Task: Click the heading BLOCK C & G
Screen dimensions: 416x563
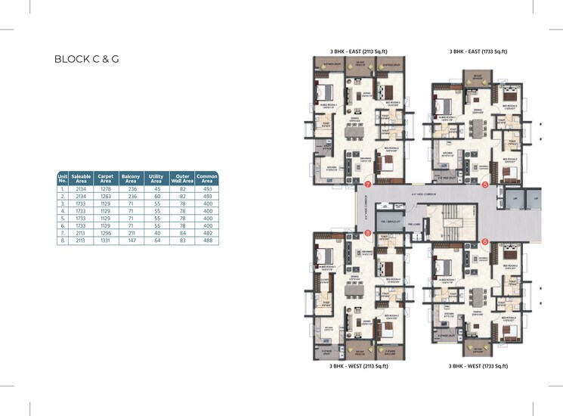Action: pos(87,58)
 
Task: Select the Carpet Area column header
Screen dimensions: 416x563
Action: pos(106,179)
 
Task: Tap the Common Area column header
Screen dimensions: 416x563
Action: pos(206,179)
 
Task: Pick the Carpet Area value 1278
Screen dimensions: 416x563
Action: pos(106,188)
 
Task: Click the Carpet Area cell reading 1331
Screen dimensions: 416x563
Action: pos(106,241)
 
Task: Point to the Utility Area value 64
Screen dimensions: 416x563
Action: pos(156,241)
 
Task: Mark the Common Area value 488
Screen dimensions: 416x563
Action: pos(206,241)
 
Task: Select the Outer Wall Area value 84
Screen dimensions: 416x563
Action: pos(182,233)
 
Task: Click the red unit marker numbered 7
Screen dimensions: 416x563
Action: pos(368,184)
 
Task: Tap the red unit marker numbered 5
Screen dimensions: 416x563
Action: pos(485,184)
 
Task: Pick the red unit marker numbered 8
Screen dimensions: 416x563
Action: pos(368,233)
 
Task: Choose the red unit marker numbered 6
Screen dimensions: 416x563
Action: pos(485,241)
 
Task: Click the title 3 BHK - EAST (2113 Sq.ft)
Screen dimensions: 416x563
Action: pos(359,51)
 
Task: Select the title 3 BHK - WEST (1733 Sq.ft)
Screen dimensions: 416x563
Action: pos(478,365)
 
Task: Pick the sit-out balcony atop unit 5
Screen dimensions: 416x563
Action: pos(478,78)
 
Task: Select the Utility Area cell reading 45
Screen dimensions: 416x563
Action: pos(156,188)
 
